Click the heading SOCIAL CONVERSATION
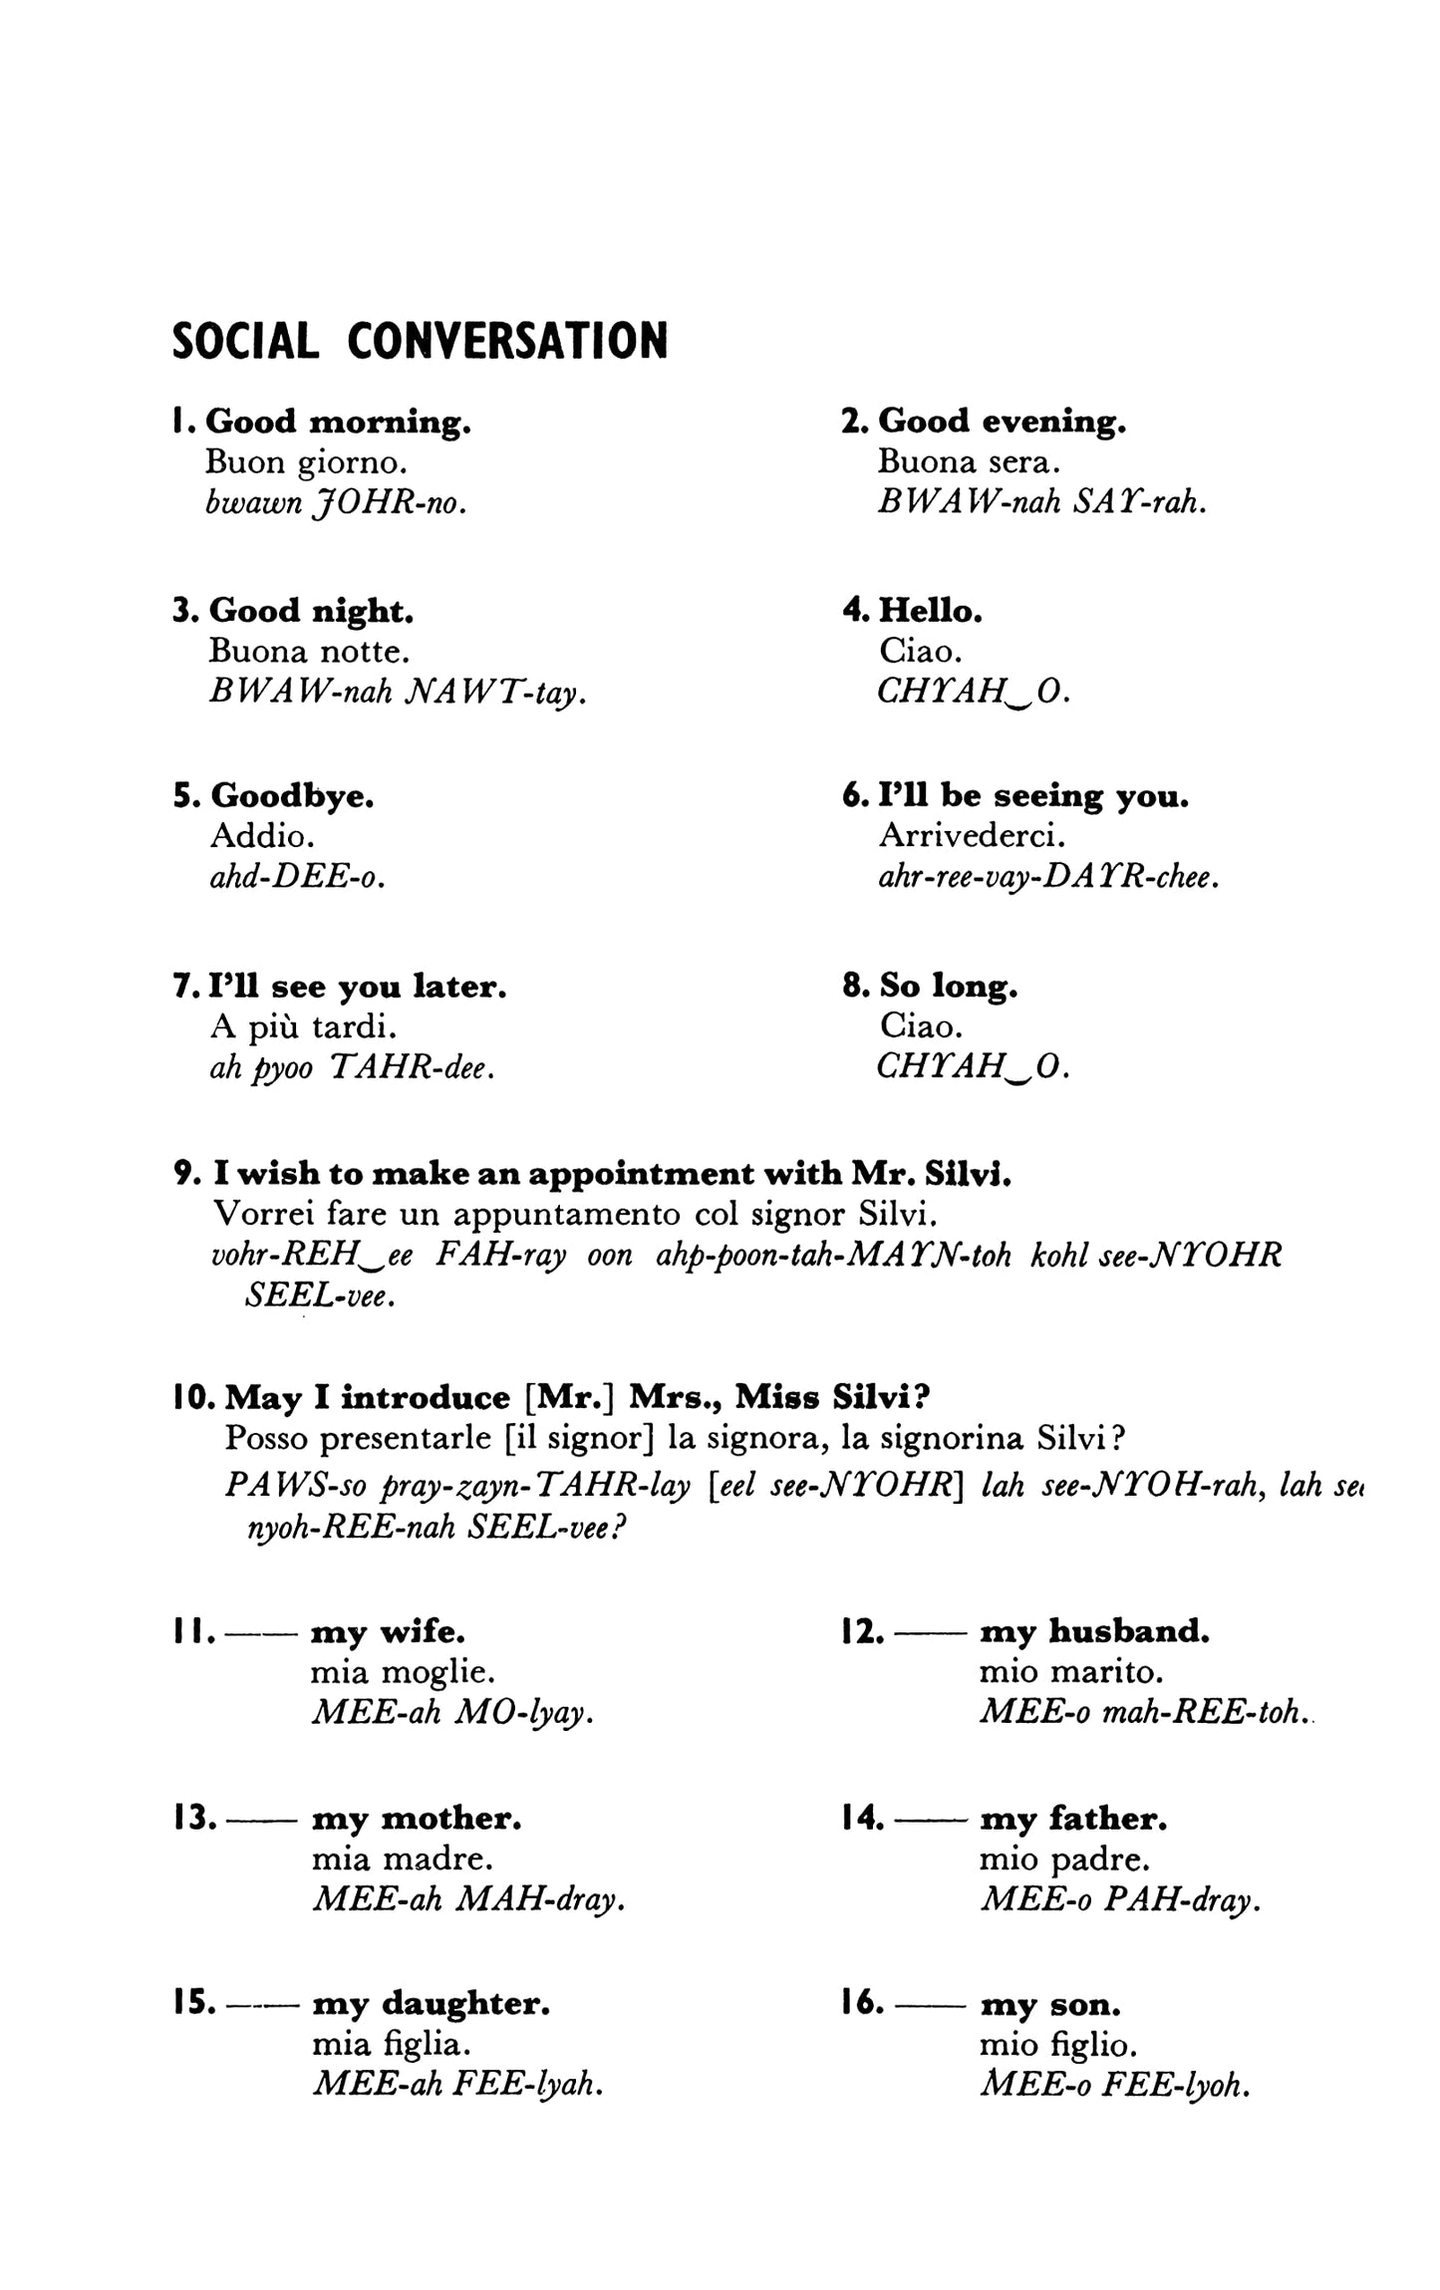tap(420, 341)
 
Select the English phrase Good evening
tap(1002, 422)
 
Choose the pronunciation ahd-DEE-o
tap(296, 877)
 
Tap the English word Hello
tap(931, 610)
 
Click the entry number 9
tap(187, 1174)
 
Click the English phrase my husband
tap(1094, 1631)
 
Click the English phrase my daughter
tap(431, 2004)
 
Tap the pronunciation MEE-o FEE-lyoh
tap(1114, 2085)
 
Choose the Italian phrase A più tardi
tap(304, 1026)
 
